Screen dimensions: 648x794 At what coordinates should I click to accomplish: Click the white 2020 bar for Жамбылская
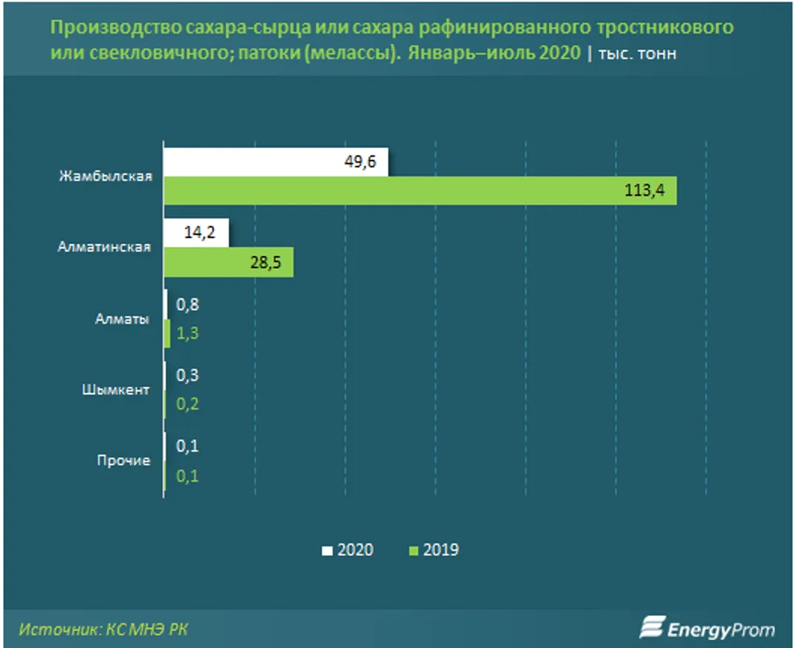[x=275, y=162]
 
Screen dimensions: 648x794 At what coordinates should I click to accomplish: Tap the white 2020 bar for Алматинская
[x=196, y=233]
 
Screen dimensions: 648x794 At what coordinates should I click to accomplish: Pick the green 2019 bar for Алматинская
[x=228, y=263]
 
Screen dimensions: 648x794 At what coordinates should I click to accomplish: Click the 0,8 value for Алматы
[x=187, y=304]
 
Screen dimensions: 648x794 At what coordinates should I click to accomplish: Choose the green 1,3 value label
[x=187, y=333]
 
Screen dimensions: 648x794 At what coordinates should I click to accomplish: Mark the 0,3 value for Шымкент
[x=187, y=376]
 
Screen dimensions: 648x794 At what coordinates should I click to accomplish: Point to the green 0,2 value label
[x=187, y=405]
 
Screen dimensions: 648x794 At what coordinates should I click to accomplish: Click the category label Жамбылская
[x=106, y=176]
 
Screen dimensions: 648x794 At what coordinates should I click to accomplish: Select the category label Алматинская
[x=104, y=248]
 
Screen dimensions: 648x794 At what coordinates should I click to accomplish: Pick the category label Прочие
[x=123, y=461]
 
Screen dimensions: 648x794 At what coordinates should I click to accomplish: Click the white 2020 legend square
[x=327, y=551]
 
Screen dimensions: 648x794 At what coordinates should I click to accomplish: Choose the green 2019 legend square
[x=413, y=551]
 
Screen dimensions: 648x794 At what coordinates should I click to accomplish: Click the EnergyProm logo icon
[x=651, y=628]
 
